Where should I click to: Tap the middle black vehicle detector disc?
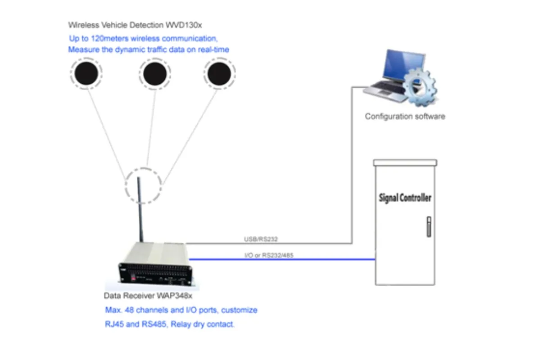pos(155,73)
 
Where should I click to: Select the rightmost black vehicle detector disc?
pos(219,73)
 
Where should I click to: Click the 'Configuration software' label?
pos(405,117)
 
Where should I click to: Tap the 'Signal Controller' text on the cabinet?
pos(405,198)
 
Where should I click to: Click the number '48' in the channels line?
pos(127,310)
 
